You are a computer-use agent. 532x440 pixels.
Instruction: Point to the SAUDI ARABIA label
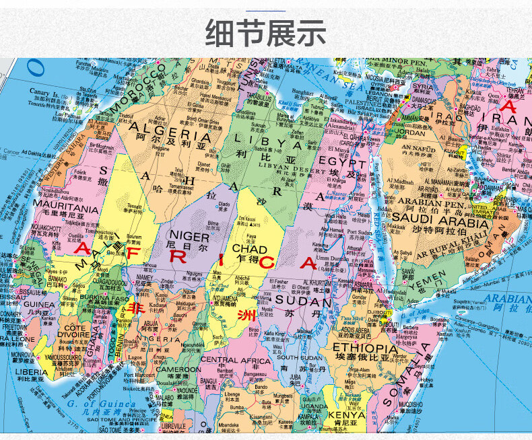click(x=438, y=217)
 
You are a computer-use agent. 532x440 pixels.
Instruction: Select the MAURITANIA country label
click(x=65, y=209)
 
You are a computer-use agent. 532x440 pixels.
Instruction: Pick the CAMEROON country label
click(x=178, y=369)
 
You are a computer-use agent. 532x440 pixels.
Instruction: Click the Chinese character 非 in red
click(x=137, y=308)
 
